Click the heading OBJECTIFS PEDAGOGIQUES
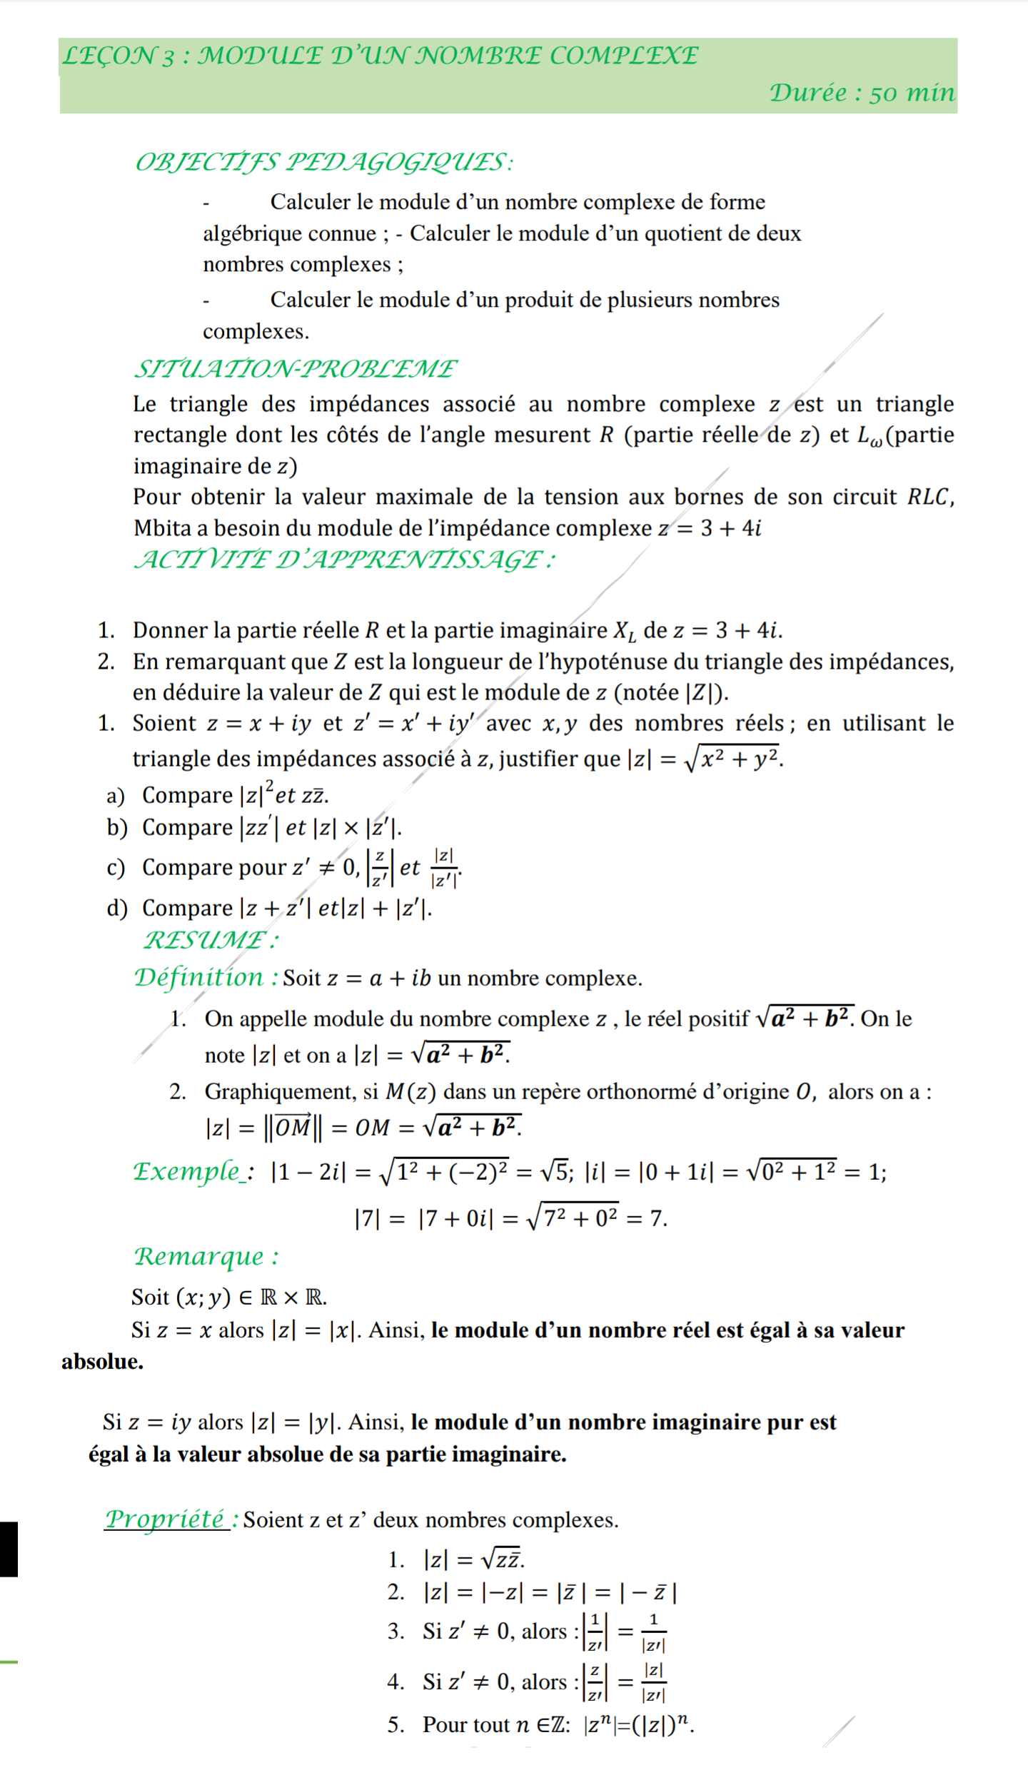coord(323,163)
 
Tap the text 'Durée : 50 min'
coord(861,93)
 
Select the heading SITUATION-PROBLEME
coord(296,369)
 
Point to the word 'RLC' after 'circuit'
coord(928,497)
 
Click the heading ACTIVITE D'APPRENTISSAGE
coord(344,560)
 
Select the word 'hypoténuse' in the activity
coord(608,662)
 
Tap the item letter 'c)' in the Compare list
coord(116,868)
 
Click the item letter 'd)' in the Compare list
coord(116,909)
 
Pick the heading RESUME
coord(211,940)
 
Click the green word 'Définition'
coord(199,977)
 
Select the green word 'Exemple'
coord(187,1172)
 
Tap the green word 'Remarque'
coord(199,1256)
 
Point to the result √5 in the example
coord(553,1172)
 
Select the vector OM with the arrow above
coord(293,1127)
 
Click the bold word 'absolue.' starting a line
coord(102,1362)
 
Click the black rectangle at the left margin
coord(9,1549)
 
